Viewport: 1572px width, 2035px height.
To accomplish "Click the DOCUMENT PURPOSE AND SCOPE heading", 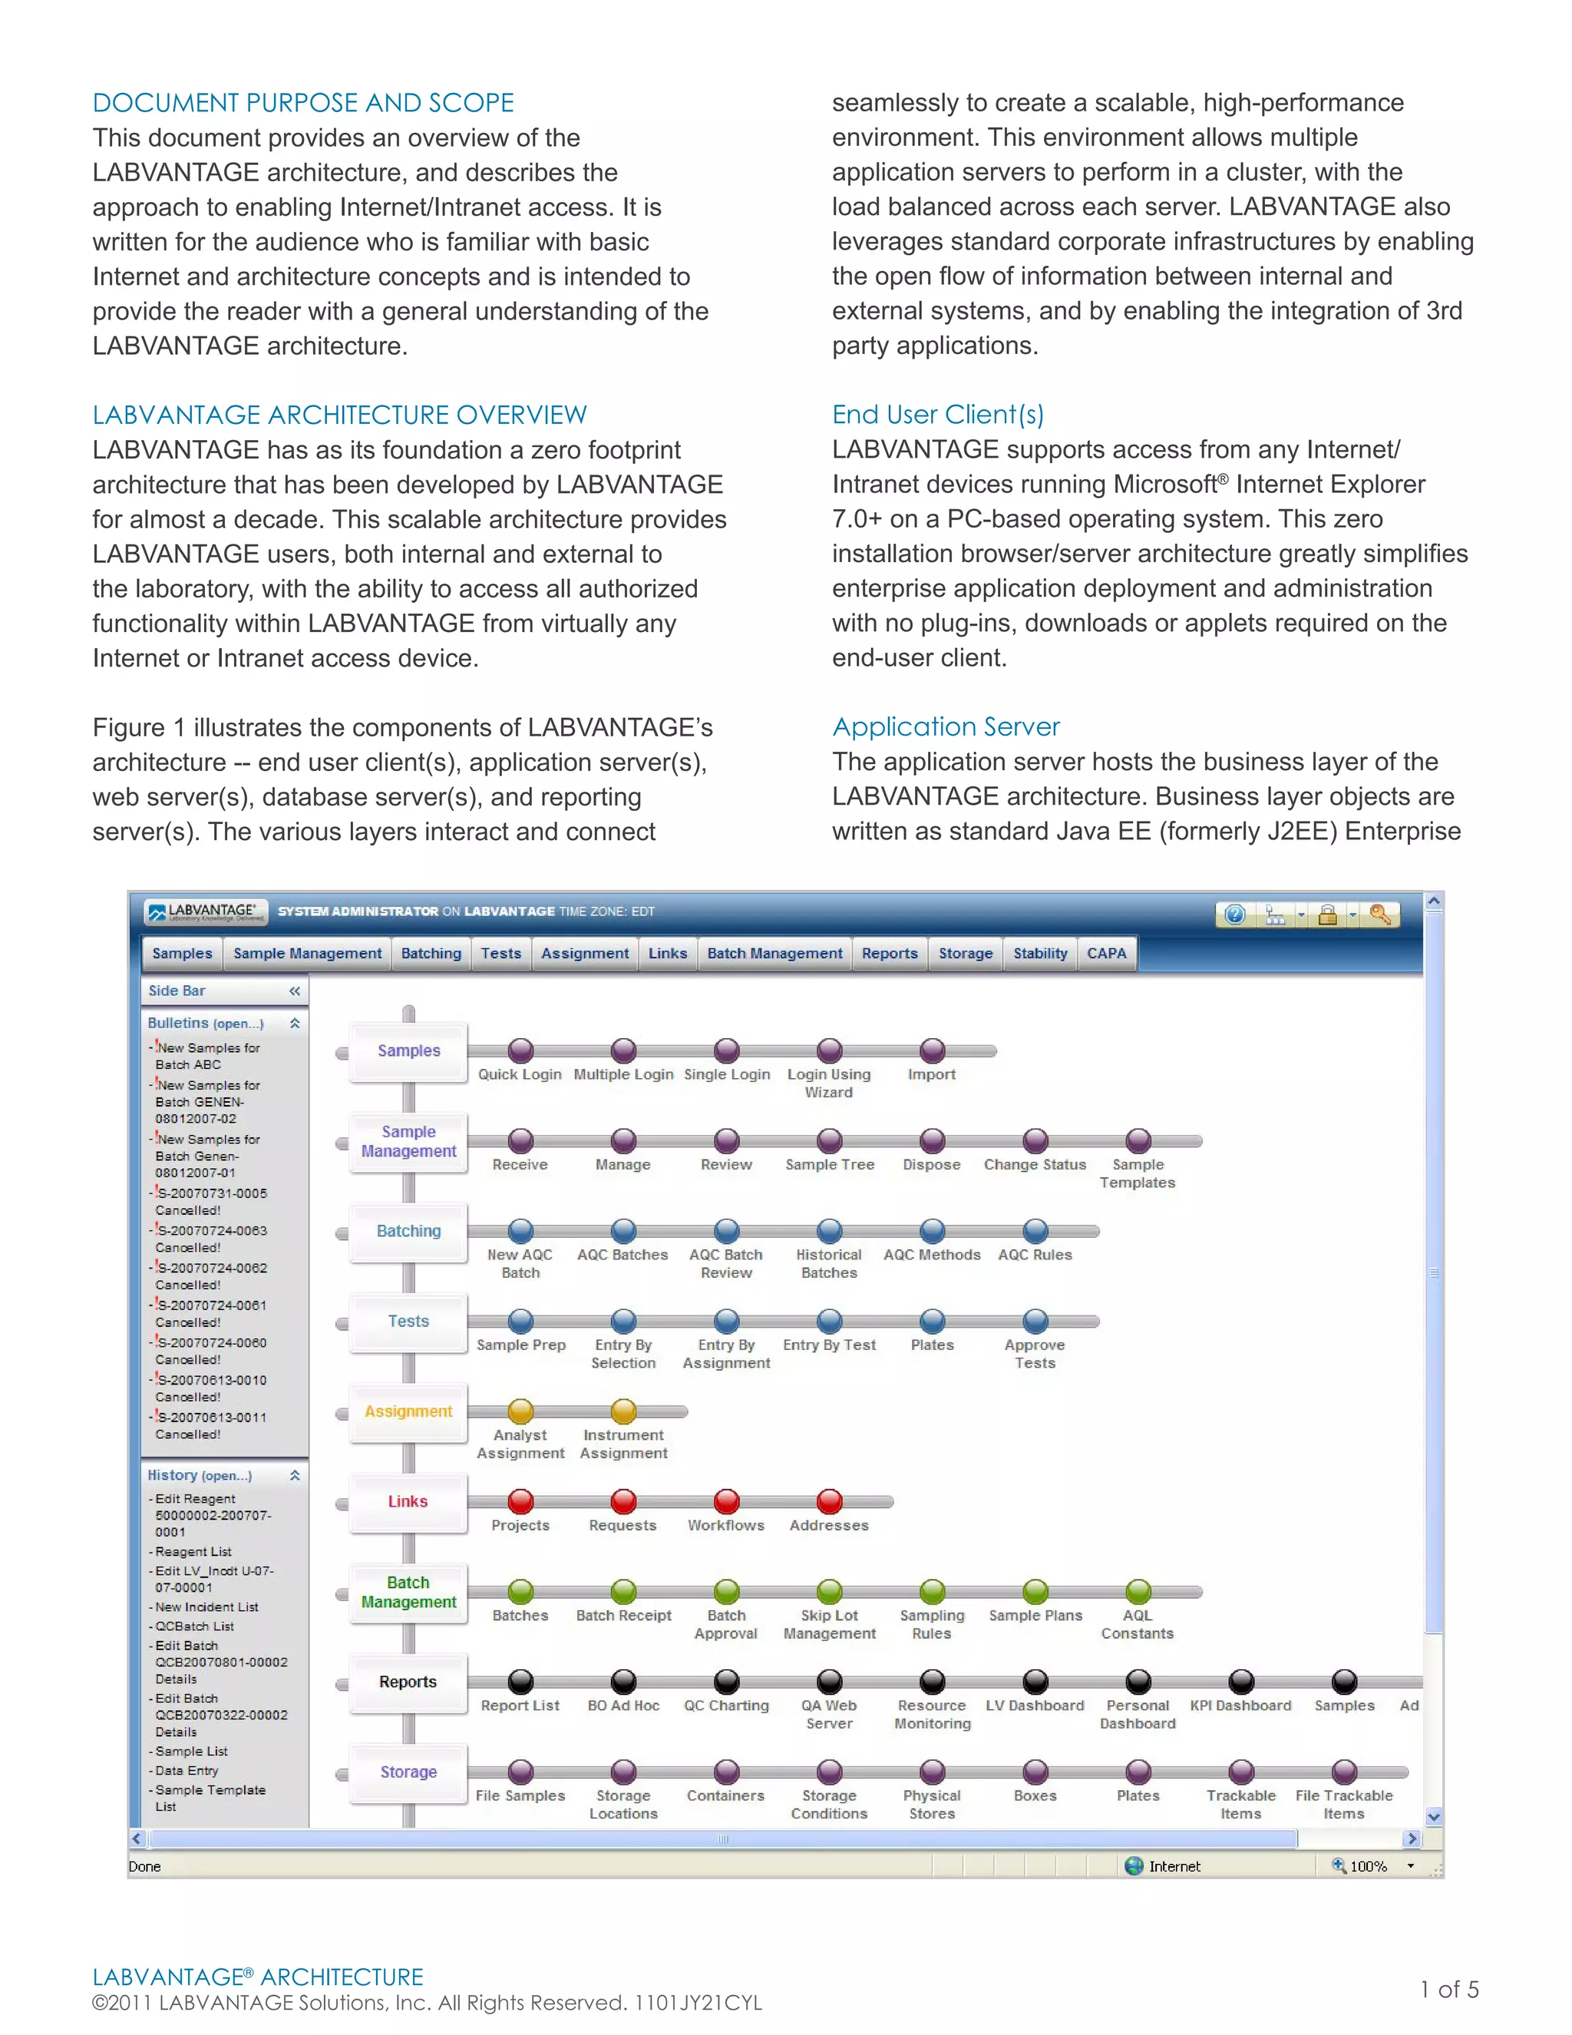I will coord(302,102).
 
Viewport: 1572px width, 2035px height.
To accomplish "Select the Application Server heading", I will coord(945,726).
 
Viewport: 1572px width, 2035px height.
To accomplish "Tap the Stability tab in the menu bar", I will coord(1039,953).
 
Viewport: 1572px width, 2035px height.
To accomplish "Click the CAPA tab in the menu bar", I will coord(1106,953).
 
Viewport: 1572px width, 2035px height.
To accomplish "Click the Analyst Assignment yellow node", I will coord(520,1411).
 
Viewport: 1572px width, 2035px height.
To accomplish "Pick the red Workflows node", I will coord(726,1501).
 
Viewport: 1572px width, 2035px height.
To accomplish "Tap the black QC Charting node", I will coord(726,1681).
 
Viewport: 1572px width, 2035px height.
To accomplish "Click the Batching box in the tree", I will coord(408,1231).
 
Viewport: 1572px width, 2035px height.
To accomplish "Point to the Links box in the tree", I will coord(408,1501).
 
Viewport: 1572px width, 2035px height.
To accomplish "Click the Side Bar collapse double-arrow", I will coord(294,991).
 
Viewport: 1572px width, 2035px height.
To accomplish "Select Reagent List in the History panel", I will coord(193,1551).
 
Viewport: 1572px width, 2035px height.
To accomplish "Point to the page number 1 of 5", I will coord(1449,1990).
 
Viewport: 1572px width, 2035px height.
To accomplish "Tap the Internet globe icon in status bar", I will coord(1134,1865).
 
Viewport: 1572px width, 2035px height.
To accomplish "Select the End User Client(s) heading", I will coord(937,415).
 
